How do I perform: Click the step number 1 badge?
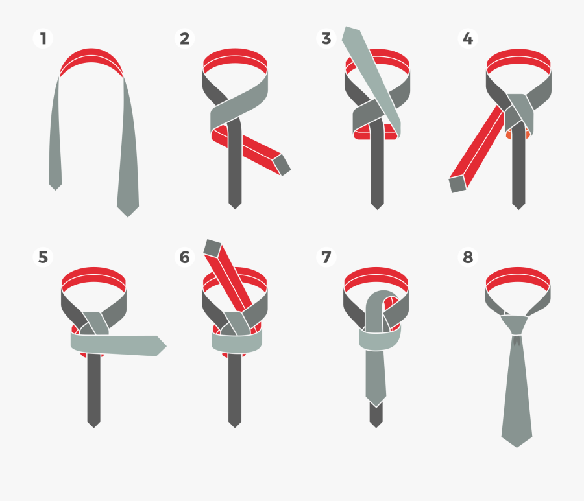pos(43,38)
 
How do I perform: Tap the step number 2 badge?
pos(185,38)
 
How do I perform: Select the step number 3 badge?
pos(326,38)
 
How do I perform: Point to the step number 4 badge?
pos(468,38)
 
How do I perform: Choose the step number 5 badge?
pos(43,257)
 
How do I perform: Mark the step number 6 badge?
pos(185,257)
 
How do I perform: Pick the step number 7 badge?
pos(326,257)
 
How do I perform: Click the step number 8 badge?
pos(468,257)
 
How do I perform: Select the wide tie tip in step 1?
pos(128,209)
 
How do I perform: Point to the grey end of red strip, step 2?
pos(282,165)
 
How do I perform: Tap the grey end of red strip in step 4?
pos(457,184)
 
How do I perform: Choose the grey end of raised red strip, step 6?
pos(213,247)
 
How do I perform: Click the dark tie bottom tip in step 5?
pos(93,421)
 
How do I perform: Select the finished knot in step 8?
pos(516,324)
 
